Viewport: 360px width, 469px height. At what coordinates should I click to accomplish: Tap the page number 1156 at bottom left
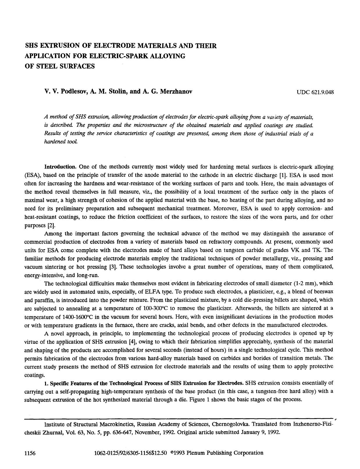[x=30, y=453]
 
